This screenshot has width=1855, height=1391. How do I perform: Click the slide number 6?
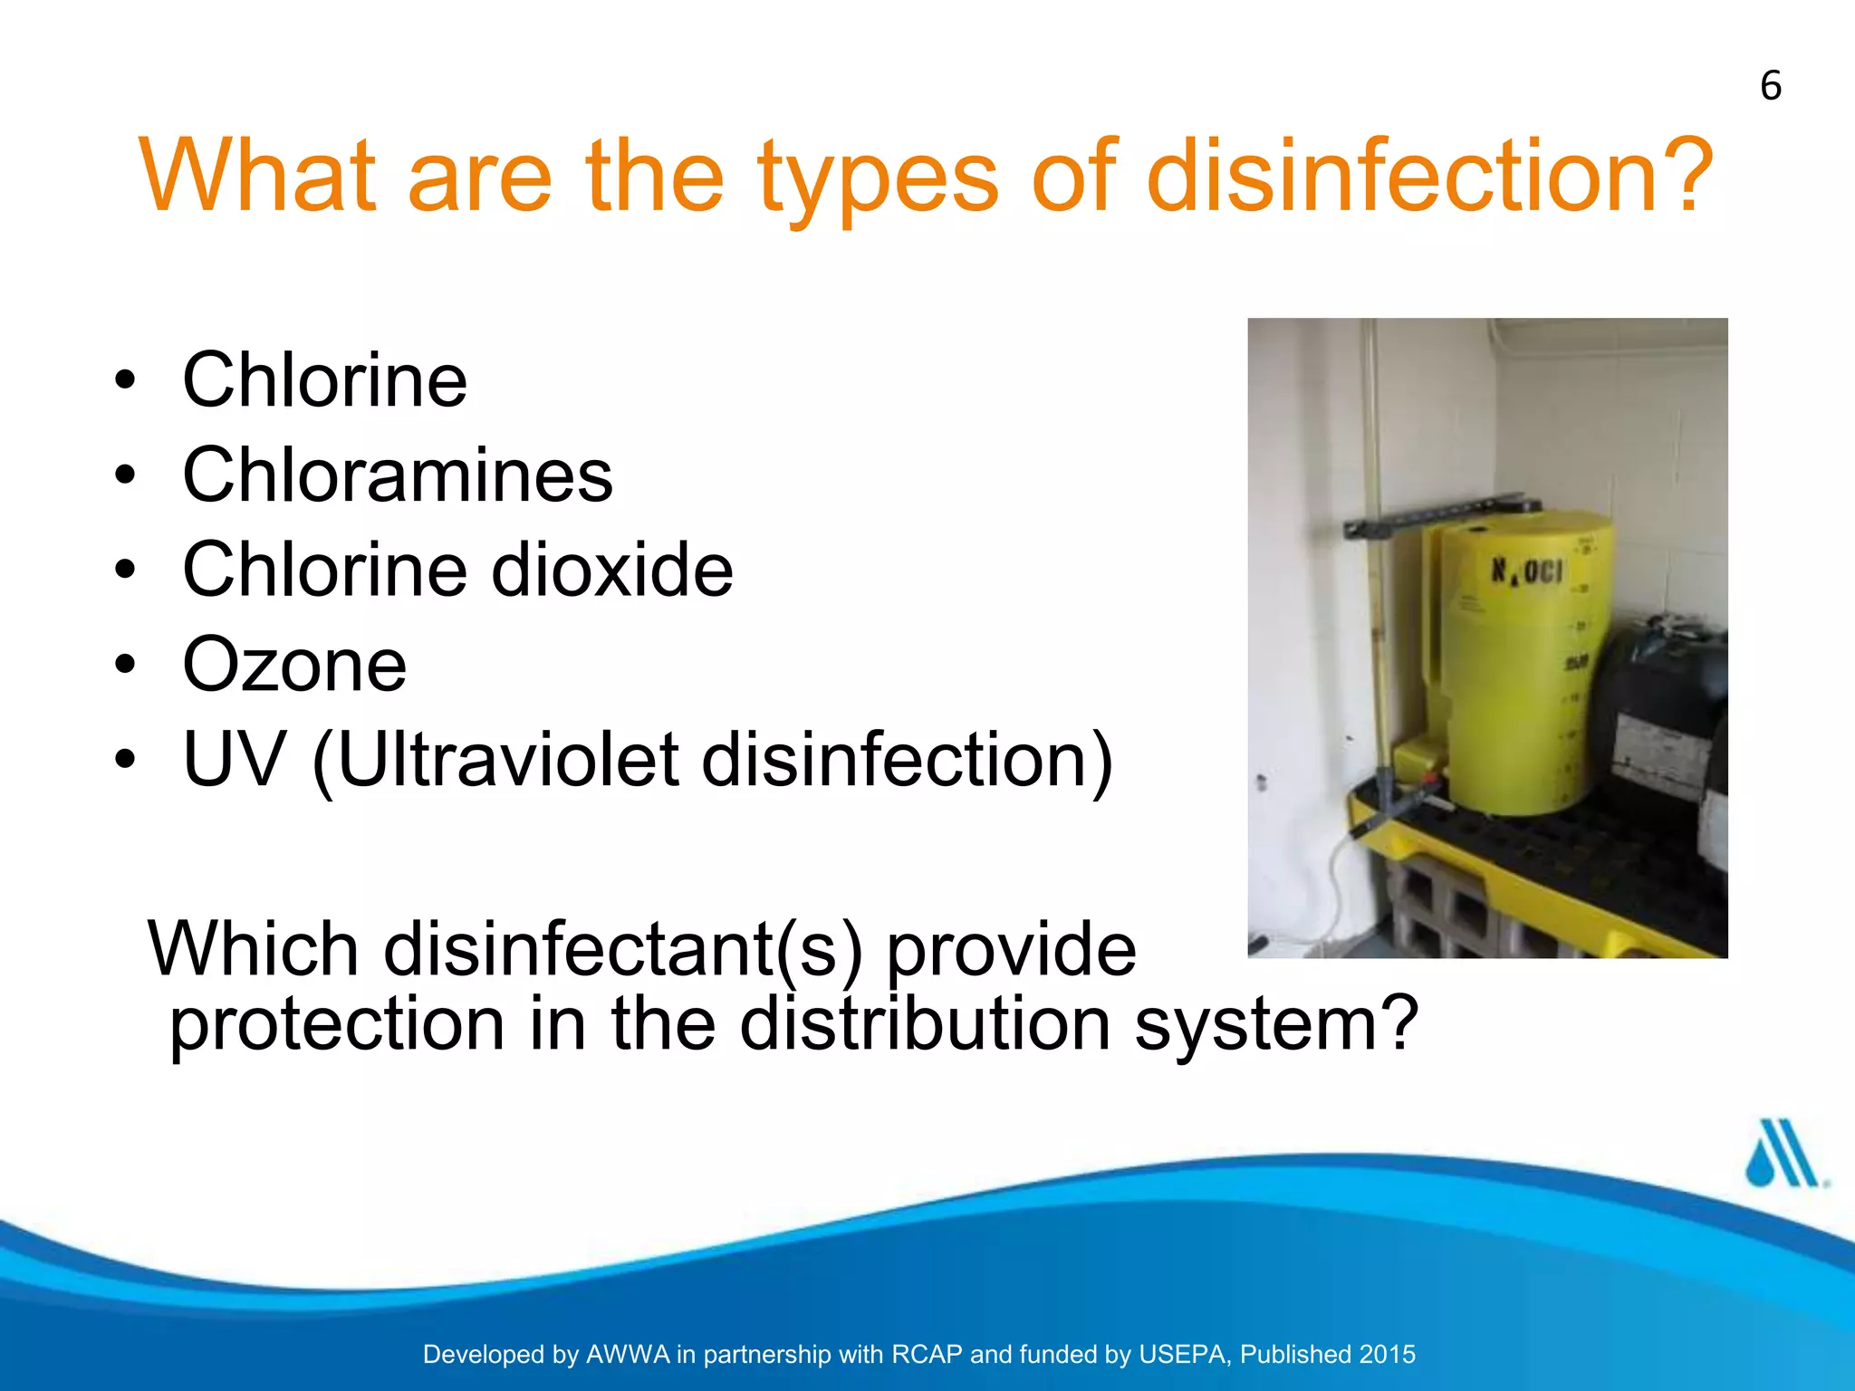(1771, 87)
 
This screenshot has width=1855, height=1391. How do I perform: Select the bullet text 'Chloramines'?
(397, 475)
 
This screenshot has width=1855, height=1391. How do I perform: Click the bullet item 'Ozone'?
(294, 665)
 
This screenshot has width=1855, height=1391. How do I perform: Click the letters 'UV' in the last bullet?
(234, 759)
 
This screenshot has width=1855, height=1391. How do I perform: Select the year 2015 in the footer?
(1387, 1355)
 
